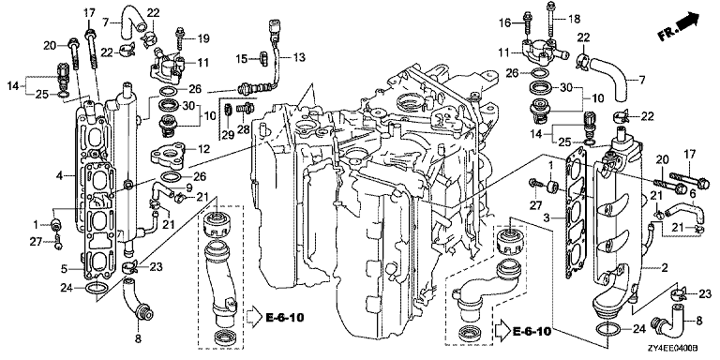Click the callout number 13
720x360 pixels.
(x=299, y=57)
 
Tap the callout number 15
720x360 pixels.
(x=242, y=58)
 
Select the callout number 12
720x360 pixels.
(x=203, y=149)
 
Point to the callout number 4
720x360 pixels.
(x=59, y=175)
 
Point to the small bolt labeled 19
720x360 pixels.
(x=180, y=38)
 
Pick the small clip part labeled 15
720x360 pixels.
(x=263, y=58)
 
